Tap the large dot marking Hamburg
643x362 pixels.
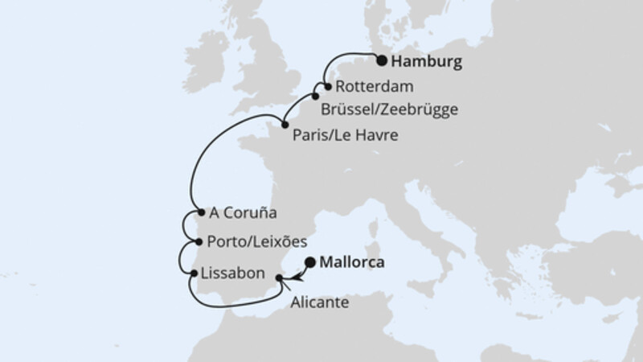click(383, 60)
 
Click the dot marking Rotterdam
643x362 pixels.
click(327, 86)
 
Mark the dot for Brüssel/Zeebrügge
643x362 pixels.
click(316, 97)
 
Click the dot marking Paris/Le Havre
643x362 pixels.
click(284, 124)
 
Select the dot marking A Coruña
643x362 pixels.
click(199, 214)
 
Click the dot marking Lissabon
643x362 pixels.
click(194, 274)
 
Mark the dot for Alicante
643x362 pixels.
click(280, 279)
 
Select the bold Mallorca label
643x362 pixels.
click(353, 262)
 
